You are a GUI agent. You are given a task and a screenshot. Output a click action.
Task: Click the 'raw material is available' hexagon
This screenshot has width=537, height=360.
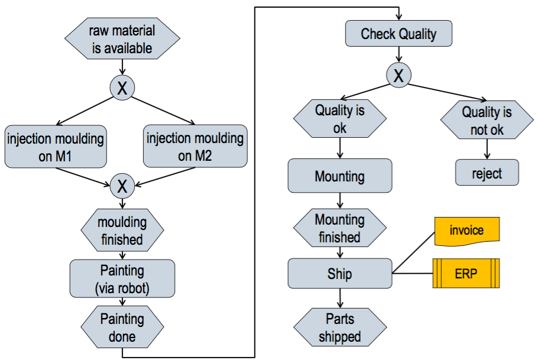point(122,39)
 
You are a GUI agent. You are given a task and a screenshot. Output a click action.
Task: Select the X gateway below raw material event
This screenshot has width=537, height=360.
point(122,88)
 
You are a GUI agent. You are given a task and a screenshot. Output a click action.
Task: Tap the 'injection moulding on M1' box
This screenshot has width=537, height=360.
point(56,146)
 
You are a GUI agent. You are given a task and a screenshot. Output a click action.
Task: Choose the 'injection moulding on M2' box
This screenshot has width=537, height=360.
point(195,146)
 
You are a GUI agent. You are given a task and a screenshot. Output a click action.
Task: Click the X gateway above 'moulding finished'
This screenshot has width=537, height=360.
point(122,186)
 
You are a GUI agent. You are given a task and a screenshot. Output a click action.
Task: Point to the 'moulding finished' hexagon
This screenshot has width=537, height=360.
point(122,231)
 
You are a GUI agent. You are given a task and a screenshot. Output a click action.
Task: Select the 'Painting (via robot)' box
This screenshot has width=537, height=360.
point(122,278)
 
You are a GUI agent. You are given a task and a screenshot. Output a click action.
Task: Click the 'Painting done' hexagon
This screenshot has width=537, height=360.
point(122,327)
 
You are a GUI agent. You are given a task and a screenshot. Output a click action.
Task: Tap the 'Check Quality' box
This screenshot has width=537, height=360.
point(399,34)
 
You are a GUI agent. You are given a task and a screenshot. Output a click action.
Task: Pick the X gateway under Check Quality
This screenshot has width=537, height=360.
point(399,76)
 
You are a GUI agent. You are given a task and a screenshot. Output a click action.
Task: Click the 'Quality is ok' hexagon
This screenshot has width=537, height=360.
point(339,119)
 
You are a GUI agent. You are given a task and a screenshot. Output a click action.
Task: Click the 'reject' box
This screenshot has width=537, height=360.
point(487,173)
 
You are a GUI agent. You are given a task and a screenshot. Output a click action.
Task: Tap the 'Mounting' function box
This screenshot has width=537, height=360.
point(339,176)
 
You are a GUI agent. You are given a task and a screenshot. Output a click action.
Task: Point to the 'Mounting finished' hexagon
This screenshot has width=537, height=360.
point(339,228)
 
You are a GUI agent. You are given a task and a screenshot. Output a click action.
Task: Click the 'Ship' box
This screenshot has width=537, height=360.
point(339,274)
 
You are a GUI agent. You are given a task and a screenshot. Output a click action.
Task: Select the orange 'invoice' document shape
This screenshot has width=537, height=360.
point(467,231)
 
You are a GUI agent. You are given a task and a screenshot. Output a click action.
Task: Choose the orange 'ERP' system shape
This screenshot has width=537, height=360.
point(467,274)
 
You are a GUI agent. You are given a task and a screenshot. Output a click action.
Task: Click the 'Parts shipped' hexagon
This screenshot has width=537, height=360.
point(339,327)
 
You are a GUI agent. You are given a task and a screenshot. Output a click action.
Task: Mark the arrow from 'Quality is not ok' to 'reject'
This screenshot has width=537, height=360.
point(487,150)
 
